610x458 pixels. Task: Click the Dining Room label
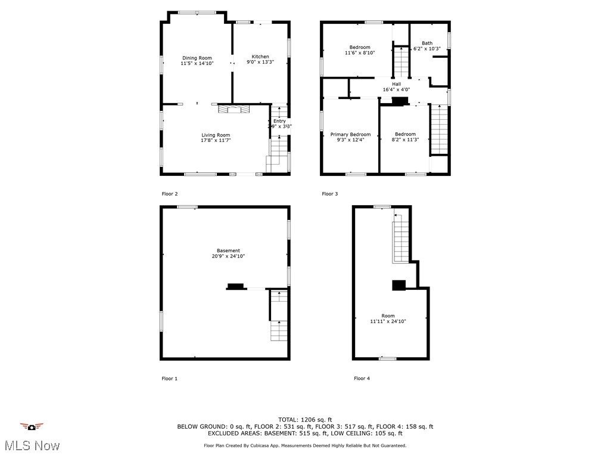tap(197, 58)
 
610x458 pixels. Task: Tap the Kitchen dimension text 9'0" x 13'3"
tap(260, 63)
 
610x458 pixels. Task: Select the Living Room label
tap(216, 135)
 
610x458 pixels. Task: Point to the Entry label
tap(279, 121)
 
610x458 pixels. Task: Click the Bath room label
tap(427, 43)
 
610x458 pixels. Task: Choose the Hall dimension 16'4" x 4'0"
tap(396, 90)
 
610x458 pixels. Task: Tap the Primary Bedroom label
tap(350, 135)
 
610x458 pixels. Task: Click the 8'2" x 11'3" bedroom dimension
tap(405, 140)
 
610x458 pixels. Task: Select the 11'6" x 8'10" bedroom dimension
tap(360, 53)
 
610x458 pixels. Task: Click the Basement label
tap(228, 250)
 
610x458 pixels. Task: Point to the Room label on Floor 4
tap(388, 316)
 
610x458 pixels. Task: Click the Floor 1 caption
tap(170, 378)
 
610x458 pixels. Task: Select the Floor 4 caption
tap(362, 378)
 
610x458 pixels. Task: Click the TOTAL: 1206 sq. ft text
tap(305, 420)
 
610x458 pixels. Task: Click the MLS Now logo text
tap(32, 445)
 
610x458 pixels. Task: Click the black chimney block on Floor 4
tap(399, 285)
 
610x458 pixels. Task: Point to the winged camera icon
tap(32, 426)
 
